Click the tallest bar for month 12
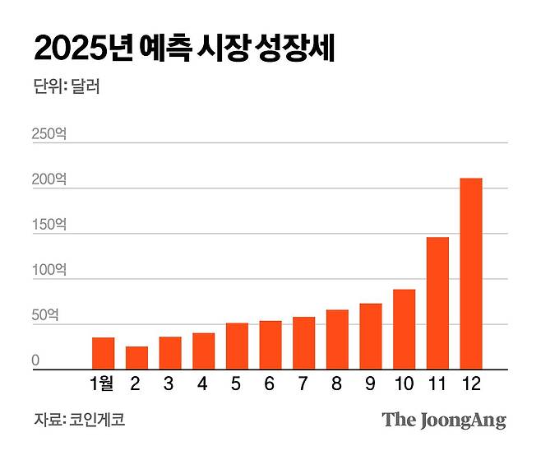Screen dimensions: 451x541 [x=470, y=274]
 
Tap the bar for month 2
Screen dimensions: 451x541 [x=136, y=358]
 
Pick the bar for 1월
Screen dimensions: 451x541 [x=103, y=354]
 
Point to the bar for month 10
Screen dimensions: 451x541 [x=404, y=330]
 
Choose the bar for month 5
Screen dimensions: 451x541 [x=237, y=346]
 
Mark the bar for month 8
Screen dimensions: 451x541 [x=337, y=340]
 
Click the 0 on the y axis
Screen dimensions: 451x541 [x=35, y=360]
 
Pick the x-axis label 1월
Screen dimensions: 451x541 [x=103, y=384]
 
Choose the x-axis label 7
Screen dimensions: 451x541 [x=303, y=384]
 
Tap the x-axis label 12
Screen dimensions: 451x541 [x=470, y=384]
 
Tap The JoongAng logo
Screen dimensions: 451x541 [x=444, y=420]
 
